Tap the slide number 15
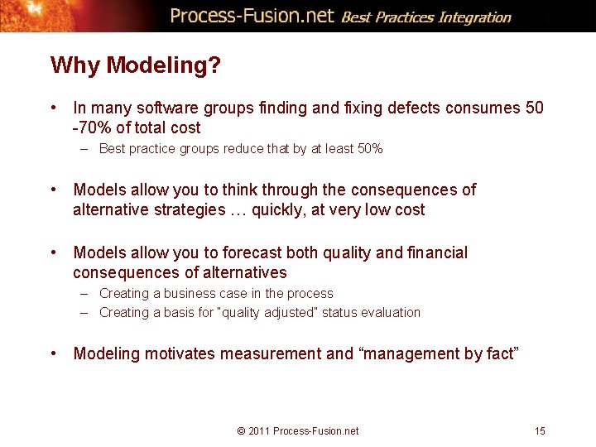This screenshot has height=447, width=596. point(540,430)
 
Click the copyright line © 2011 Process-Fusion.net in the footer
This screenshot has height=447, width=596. point(298,430)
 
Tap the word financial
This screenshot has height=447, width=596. point(437,252)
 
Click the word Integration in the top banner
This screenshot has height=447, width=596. point(476,17)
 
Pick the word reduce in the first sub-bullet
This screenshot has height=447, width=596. point(242,149)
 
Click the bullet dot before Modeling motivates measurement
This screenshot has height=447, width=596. point(53,353)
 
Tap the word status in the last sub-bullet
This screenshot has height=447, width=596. point(339,312)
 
